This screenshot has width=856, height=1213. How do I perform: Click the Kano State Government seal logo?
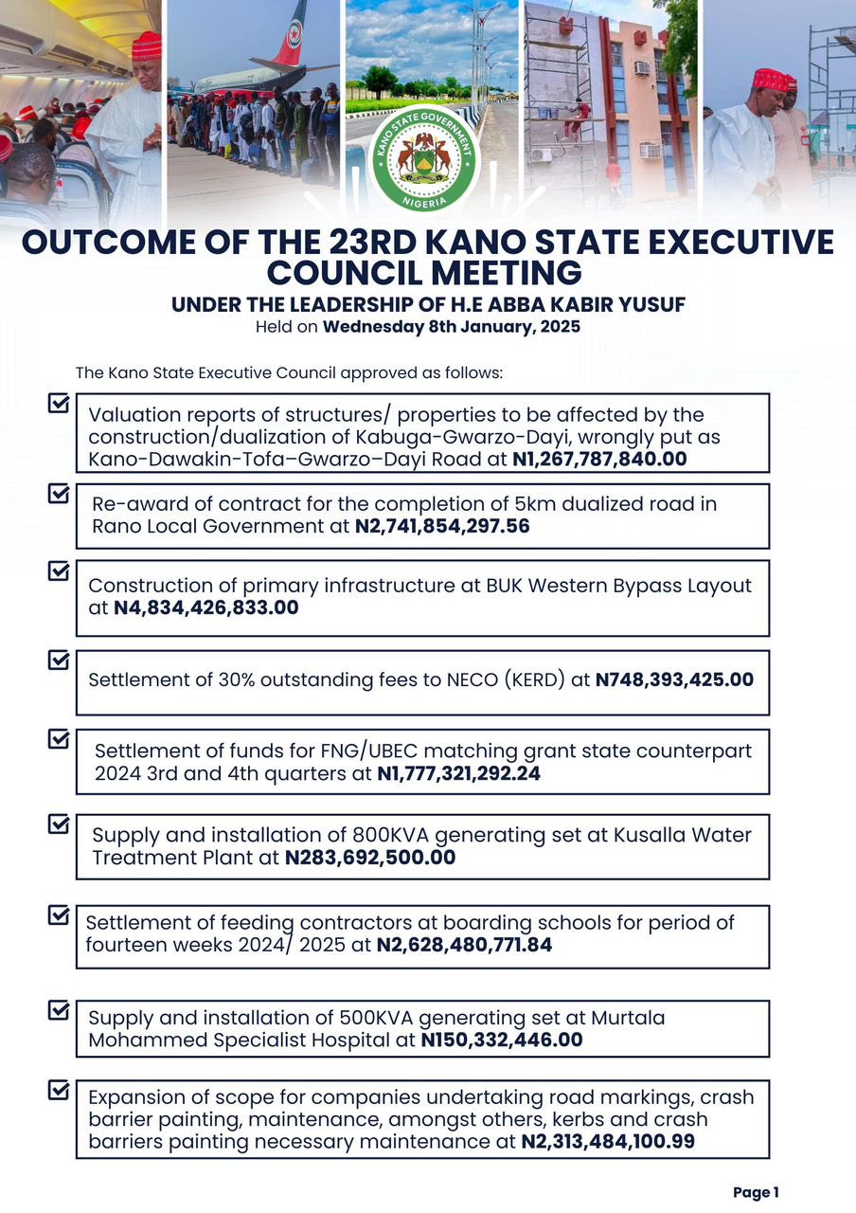click(x=423, y=159)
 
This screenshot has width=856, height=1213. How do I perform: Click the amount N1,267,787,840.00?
click(x=598, y=459)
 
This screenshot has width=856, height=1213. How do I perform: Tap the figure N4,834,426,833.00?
click(x=205, y=607)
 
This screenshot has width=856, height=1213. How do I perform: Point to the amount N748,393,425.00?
click(x=674, y=679)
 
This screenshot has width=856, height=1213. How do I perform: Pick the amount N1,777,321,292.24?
click(x=459, y=774)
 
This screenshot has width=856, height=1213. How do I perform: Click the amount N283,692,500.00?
click(x=370, y=859)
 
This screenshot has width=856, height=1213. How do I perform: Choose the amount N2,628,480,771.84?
click(x=464, y=945)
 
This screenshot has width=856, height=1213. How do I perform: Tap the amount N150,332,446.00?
click(x=502, y=1040)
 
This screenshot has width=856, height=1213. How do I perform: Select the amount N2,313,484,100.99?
click(x=608, y=1142)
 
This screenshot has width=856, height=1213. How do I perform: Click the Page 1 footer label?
click(x=756, y=1193)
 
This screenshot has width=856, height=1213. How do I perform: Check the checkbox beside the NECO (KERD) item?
click(x=59, y=660)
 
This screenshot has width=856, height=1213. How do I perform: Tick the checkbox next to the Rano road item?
click(x=59, y=494)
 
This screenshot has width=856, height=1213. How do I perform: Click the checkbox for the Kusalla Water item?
click(x=59, y=824)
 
